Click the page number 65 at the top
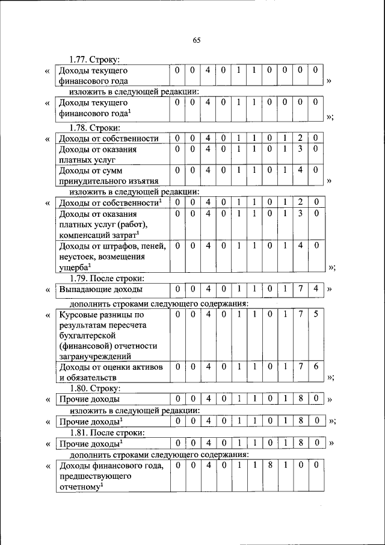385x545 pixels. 196,40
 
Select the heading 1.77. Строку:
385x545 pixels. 94,59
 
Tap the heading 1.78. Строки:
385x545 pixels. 95,128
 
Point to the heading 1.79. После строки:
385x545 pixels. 106,278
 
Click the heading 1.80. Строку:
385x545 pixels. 94,388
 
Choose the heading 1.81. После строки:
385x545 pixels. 106,432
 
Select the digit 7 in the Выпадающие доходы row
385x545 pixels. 300,290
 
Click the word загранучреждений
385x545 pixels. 94,357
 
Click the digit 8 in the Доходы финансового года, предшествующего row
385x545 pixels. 269,466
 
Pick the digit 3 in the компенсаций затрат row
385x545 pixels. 300,214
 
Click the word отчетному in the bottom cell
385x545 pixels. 81,487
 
